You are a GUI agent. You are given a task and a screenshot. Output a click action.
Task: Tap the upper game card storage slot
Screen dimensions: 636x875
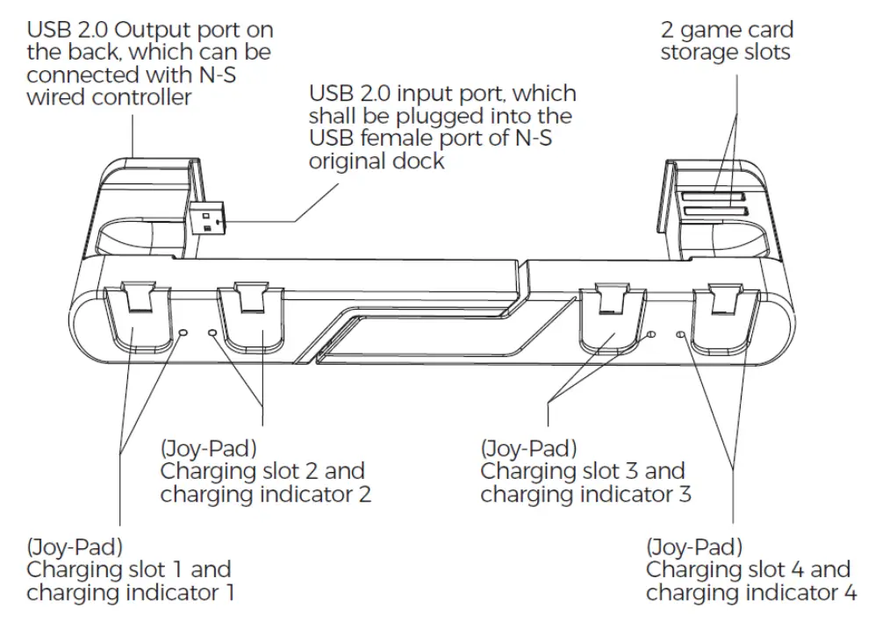(x=714, y=197)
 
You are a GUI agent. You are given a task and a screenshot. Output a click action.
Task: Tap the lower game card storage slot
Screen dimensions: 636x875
(x=715, y=211)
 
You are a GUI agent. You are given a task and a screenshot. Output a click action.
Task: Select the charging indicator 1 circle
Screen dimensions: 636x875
(x=183, y=333)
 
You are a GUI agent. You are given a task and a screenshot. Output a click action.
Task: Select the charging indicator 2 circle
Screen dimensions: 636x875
(x=213, y=333)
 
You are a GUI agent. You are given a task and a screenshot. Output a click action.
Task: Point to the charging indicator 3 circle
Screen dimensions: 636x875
(x=650, y=335)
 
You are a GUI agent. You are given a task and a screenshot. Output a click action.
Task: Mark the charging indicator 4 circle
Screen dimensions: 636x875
(x=682, y=335)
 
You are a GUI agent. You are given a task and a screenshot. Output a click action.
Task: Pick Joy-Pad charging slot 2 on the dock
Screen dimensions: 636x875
(x=249, y=329)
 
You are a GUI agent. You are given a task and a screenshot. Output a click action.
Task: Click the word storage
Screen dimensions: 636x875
(x=701, y=53)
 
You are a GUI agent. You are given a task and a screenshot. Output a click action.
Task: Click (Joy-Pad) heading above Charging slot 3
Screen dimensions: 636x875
(x=528, y=448)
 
